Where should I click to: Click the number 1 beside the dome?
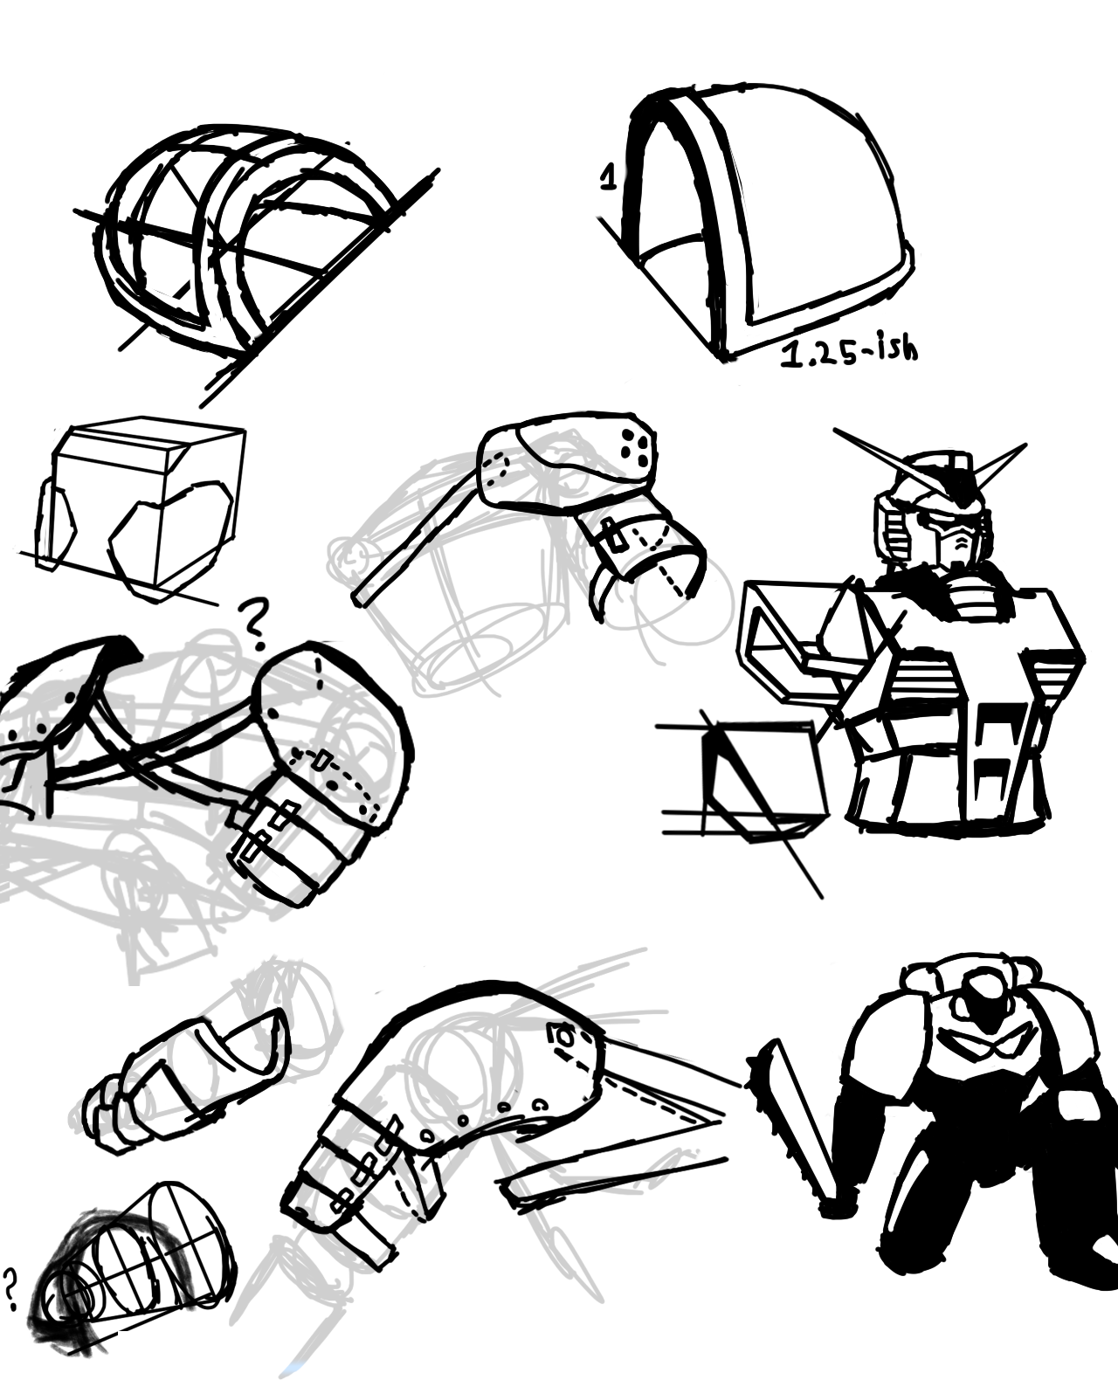(607, 177)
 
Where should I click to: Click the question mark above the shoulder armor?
(252, 625)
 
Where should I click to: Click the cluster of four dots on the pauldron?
(632, 444)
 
